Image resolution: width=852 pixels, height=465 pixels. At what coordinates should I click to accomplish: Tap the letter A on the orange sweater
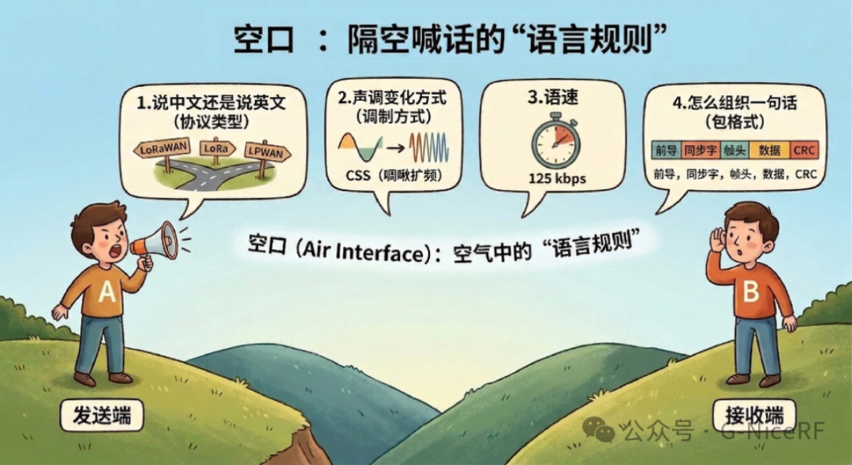click(x=107, y=294)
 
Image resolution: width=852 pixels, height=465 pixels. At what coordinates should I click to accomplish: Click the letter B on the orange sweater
click(x=750, y=292)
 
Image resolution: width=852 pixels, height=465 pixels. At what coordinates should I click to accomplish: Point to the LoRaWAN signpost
click(x=163, y=148)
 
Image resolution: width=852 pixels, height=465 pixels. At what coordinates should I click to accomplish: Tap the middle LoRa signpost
click(x=217, y=147)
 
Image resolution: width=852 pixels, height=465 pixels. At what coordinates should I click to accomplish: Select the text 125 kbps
click(x=557, y=179)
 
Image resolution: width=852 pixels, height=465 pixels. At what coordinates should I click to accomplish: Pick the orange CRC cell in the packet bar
click(x=805, y=150)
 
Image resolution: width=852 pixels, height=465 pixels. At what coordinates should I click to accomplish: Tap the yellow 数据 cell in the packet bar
click(x=768, y=150)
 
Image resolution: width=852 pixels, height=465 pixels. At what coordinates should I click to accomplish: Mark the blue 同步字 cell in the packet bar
click(x=699, y=150)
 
